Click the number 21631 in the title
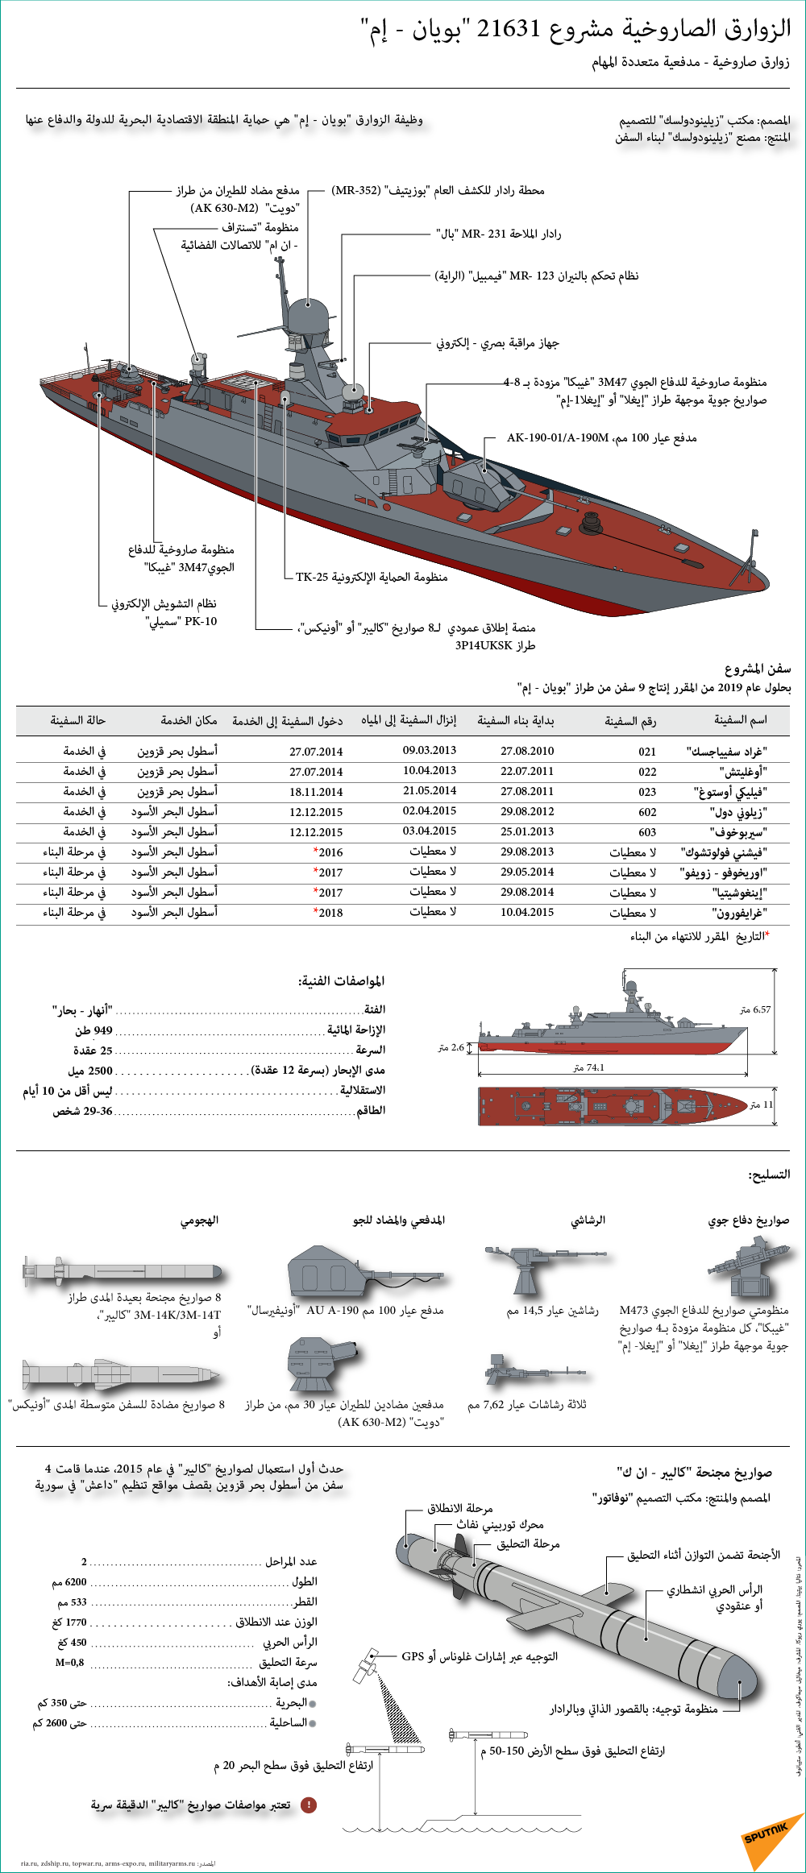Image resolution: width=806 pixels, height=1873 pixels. coord(508,30)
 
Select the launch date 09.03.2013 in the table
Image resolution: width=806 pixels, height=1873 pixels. coord(430,751)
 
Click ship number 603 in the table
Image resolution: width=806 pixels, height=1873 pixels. coord(647,832)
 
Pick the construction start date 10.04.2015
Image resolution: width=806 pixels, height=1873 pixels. coord(527,913)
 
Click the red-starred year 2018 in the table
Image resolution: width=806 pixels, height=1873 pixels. coord(329,913)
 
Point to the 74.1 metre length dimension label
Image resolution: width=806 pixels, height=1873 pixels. coord(588,1067)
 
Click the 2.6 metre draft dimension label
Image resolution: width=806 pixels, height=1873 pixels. coord(451,1047)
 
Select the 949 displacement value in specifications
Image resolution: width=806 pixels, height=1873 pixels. coord(103,1030)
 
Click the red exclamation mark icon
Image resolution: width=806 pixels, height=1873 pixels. coord(309,1805)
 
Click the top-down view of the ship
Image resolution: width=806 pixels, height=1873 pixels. coord(613,1105)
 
